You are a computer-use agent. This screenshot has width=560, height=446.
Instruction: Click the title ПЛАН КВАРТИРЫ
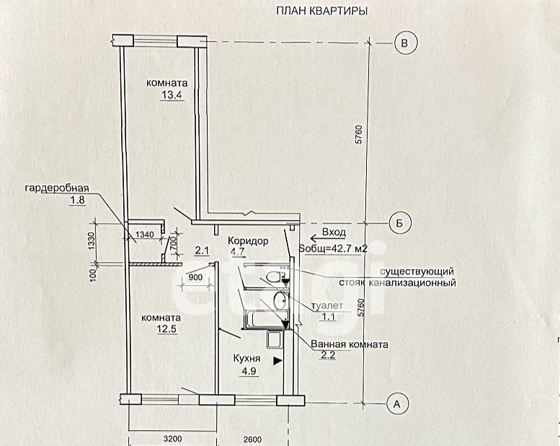[321, 11]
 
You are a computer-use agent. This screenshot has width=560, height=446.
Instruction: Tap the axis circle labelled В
[405, 43]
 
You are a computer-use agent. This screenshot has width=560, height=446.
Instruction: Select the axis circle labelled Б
[400, 223]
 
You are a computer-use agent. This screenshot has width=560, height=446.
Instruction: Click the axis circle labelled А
[397, 404]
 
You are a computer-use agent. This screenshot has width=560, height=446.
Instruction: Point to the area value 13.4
[172, 95]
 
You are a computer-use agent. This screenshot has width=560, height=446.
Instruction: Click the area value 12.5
[167, 329]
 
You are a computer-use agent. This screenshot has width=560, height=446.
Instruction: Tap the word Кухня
[246, 359]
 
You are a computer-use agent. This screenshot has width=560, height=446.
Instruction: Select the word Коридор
[248, 241]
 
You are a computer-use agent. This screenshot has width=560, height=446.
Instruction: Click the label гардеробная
[57, 188]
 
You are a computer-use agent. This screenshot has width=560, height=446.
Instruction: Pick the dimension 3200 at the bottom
[173, 439]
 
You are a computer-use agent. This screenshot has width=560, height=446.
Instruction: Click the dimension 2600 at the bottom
[252, 440]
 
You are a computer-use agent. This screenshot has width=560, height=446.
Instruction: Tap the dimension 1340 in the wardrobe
[145, 235]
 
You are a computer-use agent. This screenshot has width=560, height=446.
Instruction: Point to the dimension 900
[195, 277]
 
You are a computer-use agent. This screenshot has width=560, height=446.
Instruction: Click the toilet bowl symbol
[275, 277]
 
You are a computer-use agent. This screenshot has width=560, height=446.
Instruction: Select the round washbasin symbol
[280, 300]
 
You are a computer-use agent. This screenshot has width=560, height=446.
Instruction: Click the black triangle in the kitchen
[277, 362]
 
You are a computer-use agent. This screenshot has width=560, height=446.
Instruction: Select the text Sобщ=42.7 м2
[333, 248]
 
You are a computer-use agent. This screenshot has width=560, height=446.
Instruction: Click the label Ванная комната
[350, 344]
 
